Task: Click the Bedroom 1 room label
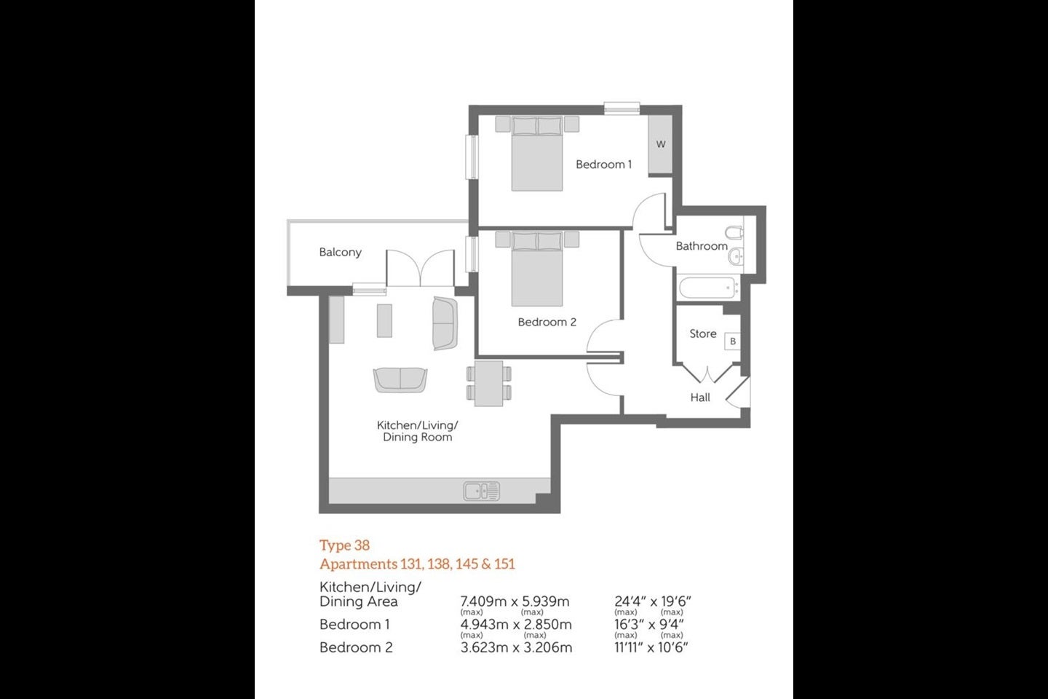(603, 165)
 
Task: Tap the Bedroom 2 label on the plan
(547, 322)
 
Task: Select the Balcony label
(340, 253)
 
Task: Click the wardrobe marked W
(660, 144)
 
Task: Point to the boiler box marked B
(733, 341)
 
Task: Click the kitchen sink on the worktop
(482, 491)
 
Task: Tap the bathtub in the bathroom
(709, 288)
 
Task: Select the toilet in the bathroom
(734, 232)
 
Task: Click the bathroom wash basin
(735, 256)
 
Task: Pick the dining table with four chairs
(489, 384)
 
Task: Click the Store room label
(703, 333)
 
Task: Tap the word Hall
(700, 398)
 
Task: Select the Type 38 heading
(344, 545)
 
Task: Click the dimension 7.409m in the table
(483, 601)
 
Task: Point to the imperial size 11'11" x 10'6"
(651, 647)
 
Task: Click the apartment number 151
(504, 564)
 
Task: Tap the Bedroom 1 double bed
(537, 154)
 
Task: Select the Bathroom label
(702, 246)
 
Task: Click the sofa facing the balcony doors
(400, 380)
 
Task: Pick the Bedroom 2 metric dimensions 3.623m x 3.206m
(516, 647)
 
